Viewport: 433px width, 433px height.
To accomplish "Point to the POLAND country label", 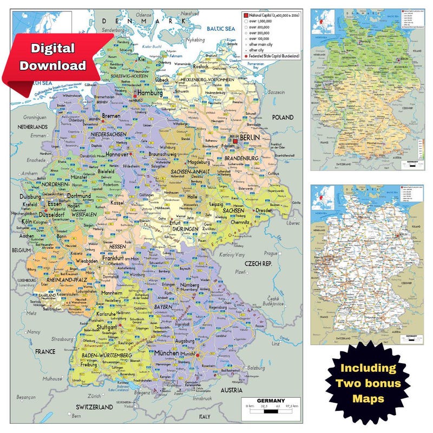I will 282,117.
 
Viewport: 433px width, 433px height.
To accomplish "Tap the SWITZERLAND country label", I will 95,407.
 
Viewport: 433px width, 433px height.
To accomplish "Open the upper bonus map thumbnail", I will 366,90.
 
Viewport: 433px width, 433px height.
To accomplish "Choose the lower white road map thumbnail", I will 366,264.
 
